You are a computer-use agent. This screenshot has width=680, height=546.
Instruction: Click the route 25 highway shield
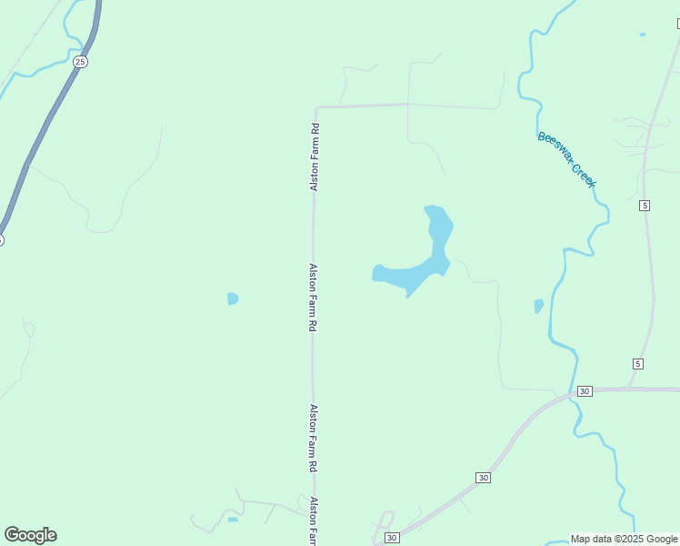click(x=81, y=62)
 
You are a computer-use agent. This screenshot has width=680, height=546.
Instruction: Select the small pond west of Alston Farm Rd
click(x=233, y=298)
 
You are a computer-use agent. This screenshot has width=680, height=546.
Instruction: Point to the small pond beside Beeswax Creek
click(x=539, y=306)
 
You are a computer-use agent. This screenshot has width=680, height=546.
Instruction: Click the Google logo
click(x=30, y=535)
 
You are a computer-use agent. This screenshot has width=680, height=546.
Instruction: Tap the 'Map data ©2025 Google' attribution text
click(x=625, y=539)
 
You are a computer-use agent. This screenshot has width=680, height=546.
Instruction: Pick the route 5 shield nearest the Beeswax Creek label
click(x=645, y=205)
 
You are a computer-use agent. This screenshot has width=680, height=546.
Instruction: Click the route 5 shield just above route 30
click(x=638, y=364)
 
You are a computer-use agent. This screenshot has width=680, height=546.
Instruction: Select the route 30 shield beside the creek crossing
click(x=585, y=390)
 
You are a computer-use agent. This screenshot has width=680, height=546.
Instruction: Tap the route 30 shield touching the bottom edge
click(x=391, y=539)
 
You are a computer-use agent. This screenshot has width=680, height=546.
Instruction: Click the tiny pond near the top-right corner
click(x=643, y=35)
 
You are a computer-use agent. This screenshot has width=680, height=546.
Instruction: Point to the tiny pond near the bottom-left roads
click(x=233, y=520)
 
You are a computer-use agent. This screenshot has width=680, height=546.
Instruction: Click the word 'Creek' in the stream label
click(x=582, y=172)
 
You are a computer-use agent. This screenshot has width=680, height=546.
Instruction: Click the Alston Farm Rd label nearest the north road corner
click(x=315, y=157)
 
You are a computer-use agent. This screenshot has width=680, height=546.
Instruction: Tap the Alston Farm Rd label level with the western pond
click(x=313, y=297)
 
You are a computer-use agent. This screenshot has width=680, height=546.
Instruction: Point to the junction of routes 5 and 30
click(x=630, y=389)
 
